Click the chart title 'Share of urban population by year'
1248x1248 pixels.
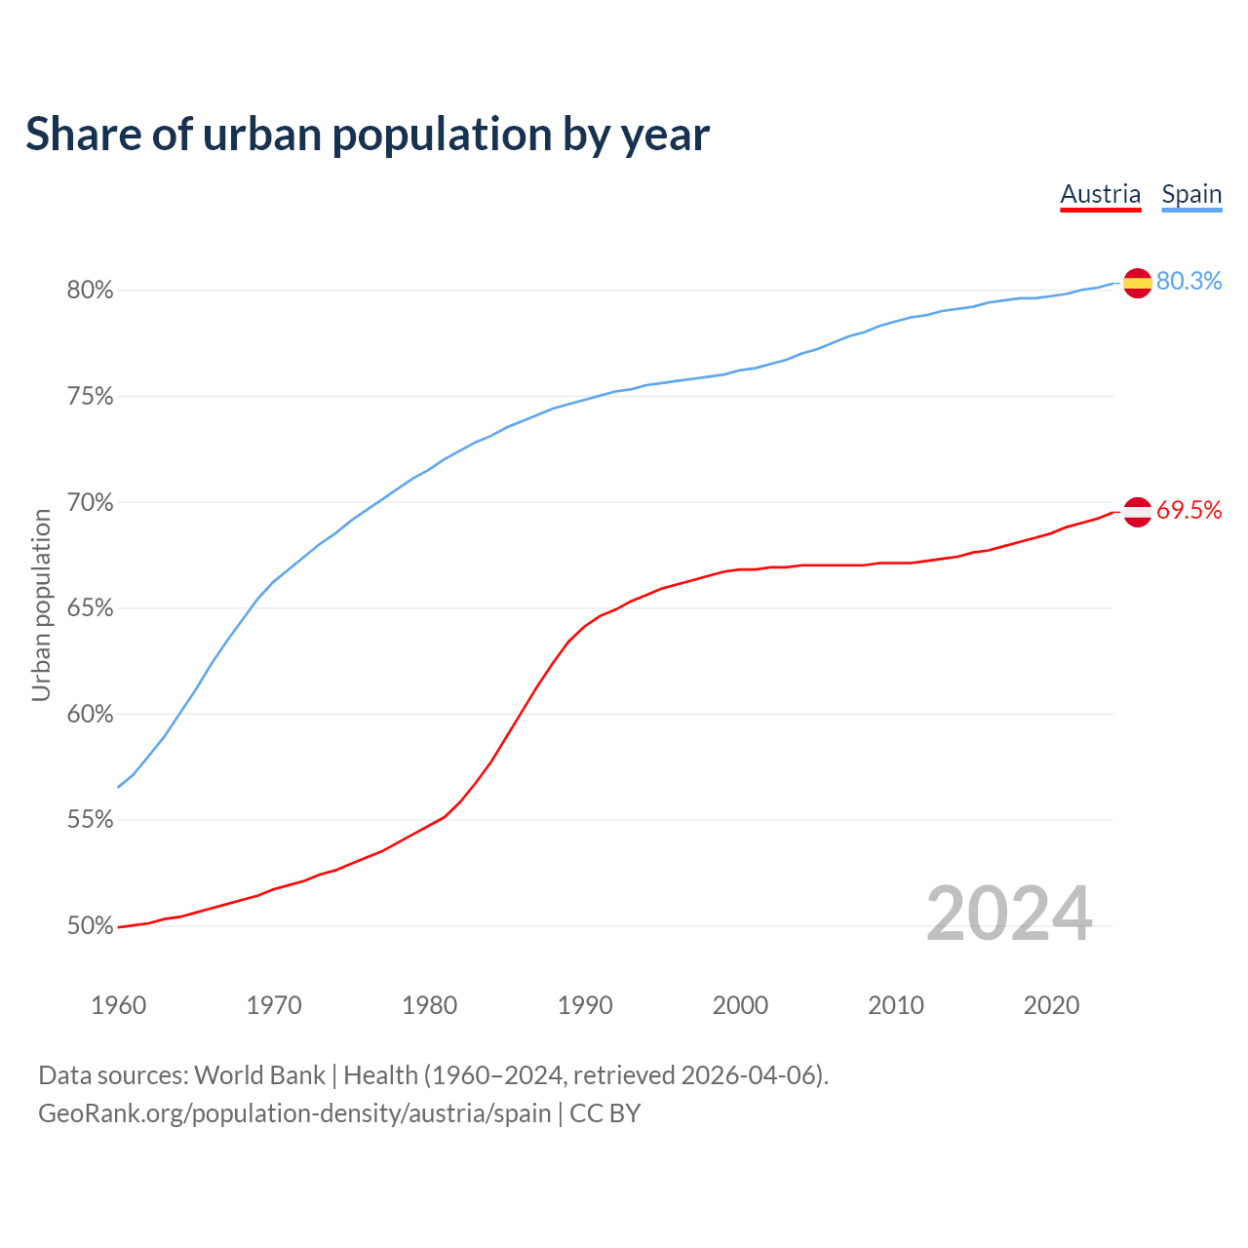pyautogui.click(x=368, y=135)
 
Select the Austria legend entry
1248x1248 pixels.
pyautogui.click(x=1100, y=194)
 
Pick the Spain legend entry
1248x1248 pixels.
pyautogui.click(x=1191, y=194)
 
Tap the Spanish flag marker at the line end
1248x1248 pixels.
pyautogui.click(x=1137, y=283)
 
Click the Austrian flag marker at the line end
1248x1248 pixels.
pyautogui.click(x=1137, y=511)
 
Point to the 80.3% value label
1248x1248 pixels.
pyautogui.click(x=1189, y=281)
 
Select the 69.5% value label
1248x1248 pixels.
pyautogui.click(x=1189, y=510)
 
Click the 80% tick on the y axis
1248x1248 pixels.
pyautogui.click(x=90, y=291)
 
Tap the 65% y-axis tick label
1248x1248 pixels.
pyautogui.click(x=90, y=608)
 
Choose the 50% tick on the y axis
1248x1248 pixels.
pyautogui.click(x=90, y=926)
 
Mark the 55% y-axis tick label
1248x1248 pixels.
pyautogui.click(x=90, y=820)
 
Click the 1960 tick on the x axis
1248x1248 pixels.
pyautogui.click(x=118, y=1005)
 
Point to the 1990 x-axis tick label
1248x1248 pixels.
pyautogui.click(x=585, y=1005)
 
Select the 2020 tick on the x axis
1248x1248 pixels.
pyautogui.click(x=1051, y=1005)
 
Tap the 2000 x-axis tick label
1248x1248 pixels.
pyautogui.click(x=740, y=1005)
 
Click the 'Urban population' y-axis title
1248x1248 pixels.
pyautogui.click(x=41, y=604)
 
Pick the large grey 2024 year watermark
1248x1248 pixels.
pyautogui.click(x=1009, y=914)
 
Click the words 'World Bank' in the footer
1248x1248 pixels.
pyautogui.click(x=259, y=1075)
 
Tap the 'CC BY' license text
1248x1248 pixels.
pyautogui.click(x=604, y=1113)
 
